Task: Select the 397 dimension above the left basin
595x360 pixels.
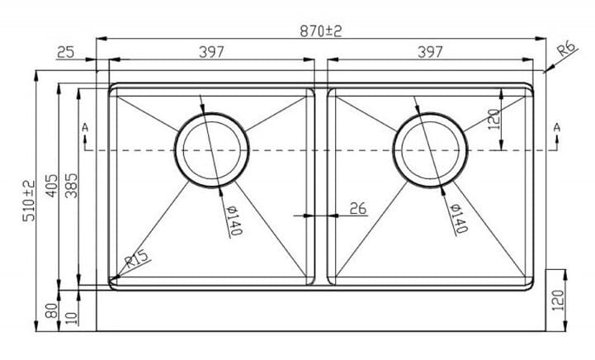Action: point(212,52)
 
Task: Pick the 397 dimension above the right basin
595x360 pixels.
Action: point(429,52)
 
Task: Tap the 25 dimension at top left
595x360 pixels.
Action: point(66,53)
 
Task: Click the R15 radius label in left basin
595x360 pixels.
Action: point(136,263)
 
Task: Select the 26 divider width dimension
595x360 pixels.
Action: point(357,208)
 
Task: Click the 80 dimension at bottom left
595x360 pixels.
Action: point(52,311)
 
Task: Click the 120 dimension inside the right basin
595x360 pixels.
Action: point(493,121)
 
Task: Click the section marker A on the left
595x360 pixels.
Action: point(84,127)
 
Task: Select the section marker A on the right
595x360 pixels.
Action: point(557,126)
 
